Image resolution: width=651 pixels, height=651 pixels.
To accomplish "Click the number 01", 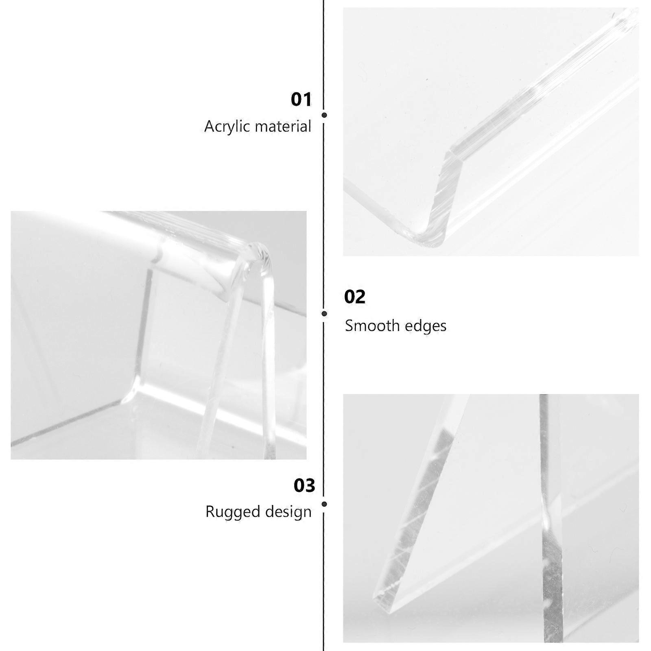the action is point(301,100).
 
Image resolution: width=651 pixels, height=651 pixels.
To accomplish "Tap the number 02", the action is point(355,297).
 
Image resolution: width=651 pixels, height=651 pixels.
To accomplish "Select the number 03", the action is point(304,485).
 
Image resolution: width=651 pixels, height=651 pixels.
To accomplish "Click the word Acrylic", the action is point(227,127).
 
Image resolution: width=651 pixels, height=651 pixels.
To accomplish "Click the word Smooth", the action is point(368,325).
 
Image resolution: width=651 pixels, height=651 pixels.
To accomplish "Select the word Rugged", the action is point(229,512).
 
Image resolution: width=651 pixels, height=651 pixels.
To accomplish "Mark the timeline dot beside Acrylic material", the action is point(324,115).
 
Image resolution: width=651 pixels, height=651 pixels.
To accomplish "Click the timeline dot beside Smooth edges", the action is point(324,314).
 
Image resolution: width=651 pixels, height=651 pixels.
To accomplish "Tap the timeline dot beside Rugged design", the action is point(324,504).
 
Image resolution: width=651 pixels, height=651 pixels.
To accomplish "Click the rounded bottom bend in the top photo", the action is point(427,238).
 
